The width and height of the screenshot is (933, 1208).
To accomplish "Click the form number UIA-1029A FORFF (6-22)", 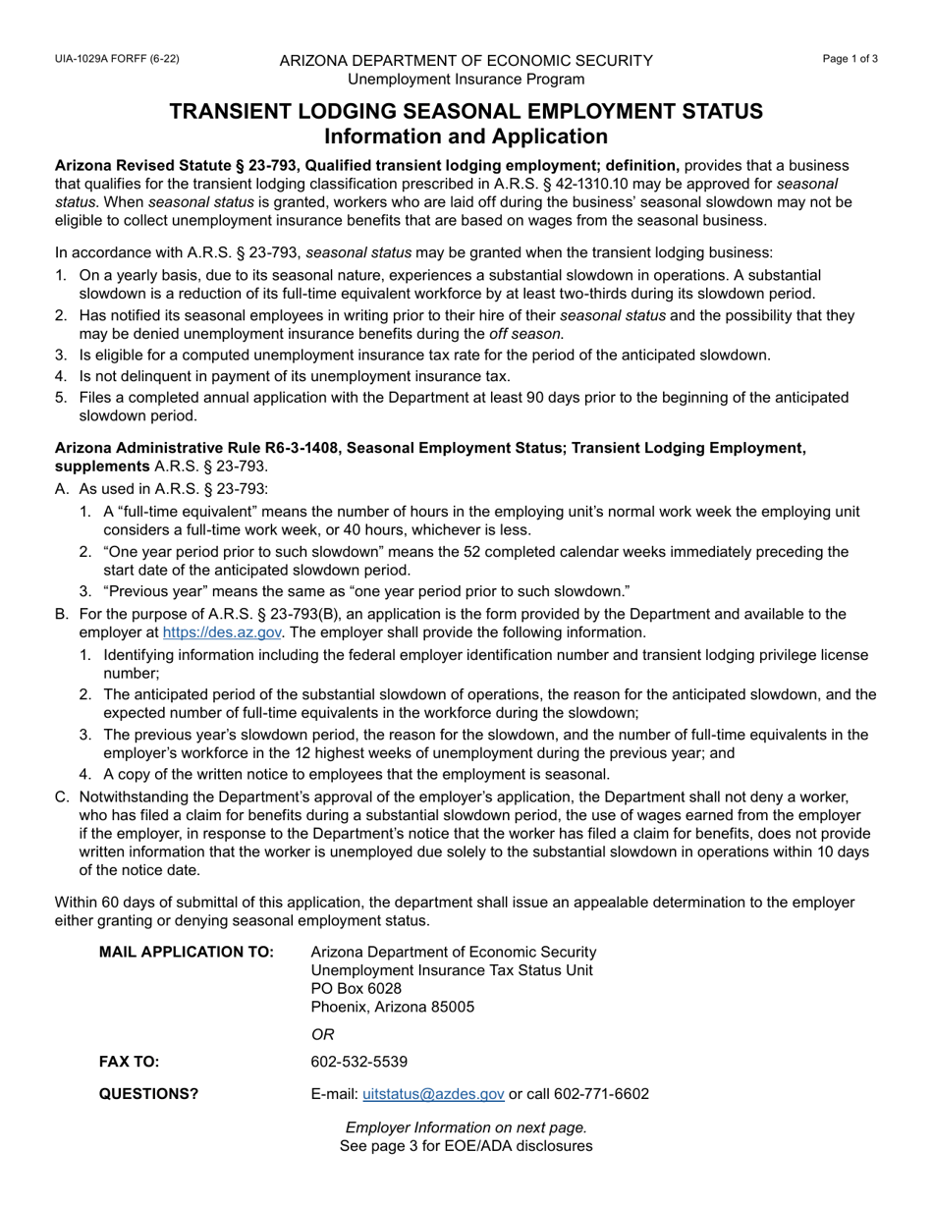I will click(117, 59).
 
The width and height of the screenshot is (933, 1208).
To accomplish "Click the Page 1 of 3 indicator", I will click(851, 59).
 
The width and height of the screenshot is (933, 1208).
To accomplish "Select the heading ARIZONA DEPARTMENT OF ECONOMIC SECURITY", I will click(466, 61).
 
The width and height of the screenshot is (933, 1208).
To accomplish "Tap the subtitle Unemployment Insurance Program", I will click(466, 80).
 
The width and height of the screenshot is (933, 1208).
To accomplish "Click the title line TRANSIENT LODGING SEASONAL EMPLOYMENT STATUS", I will click(466, 111).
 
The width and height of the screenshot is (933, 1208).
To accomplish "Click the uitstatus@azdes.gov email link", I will click(433, 1094).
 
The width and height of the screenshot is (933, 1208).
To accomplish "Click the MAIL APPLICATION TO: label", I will click(187, 952).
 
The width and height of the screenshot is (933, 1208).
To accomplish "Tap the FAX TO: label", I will click(129, 1062).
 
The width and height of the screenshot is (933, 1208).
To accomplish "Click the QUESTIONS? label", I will click(148, 1094).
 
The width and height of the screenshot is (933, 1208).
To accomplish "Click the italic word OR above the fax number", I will click(322, 1034).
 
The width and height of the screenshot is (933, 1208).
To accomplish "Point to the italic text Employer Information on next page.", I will click(466, 1127).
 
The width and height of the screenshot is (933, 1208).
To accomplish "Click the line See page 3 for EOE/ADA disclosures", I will click(466, 1146).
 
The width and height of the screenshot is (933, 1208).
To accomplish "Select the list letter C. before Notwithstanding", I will click(63, 796).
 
